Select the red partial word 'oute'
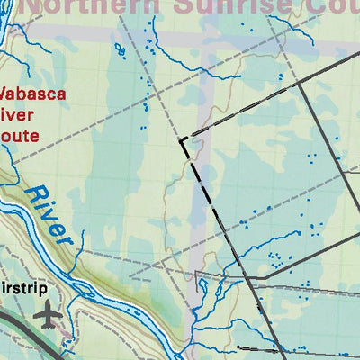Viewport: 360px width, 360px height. (x=20, y=137)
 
